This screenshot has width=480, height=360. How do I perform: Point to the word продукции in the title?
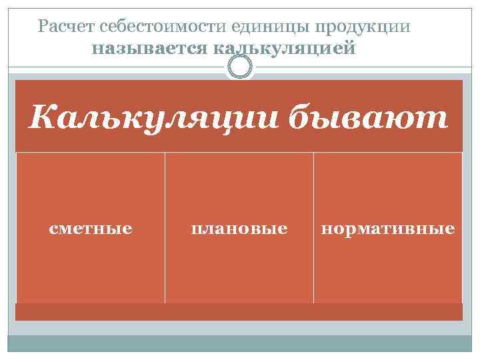pos(363,27)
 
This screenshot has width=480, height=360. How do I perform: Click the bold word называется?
pos(150,49)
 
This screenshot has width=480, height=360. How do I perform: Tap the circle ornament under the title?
pos(239,67)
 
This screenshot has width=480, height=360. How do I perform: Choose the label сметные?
pos(91,229)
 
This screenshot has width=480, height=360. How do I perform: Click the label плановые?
pos(239,229)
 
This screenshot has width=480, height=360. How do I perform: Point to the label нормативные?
pos(387,229)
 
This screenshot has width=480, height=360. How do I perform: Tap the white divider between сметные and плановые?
pos(165,227)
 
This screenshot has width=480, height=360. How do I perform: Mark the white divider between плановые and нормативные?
pos(313,227)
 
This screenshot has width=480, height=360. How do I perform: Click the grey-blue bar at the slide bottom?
pos(239,343)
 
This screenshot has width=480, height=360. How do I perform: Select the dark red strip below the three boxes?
pos(239,312)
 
